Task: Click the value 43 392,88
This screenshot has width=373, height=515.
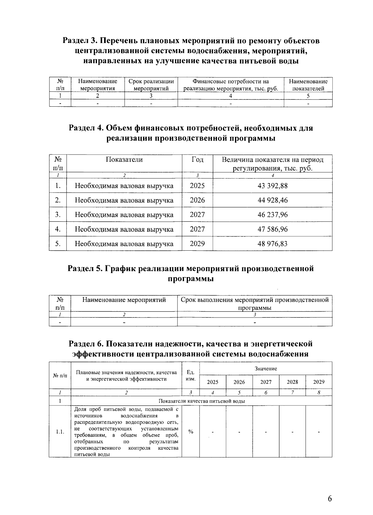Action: pos(273,186)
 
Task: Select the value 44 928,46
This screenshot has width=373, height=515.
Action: pos(273,200)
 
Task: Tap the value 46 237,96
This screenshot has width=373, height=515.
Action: pos(273,215)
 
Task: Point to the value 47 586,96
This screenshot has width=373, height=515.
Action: pos(273,229)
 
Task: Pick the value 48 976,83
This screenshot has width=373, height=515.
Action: pos(273,244)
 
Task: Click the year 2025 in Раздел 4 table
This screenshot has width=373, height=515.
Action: pos(197,186)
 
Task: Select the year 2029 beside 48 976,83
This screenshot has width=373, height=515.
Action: pos(197,244)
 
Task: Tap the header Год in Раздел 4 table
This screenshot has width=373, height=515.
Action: pos(197,160)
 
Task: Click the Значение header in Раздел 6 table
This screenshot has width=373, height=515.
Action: pos(265,369)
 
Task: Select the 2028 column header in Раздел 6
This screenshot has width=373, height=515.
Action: pos(292,382)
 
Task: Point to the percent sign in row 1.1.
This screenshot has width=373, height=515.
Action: pos(191,431)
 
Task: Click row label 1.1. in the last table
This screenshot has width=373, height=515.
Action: pos(60,432)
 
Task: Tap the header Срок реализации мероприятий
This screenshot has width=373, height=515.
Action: pos(151,85)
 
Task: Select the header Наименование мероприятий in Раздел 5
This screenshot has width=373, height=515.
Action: pos(124,300)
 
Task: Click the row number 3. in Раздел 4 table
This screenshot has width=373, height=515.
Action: pos(58,215)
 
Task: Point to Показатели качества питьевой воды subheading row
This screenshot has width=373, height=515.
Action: pos(201,401)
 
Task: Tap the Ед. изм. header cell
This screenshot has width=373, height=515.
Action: pos(190,375)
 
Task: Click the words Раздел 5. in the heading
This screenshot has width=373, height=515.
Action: pos(86,268)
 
